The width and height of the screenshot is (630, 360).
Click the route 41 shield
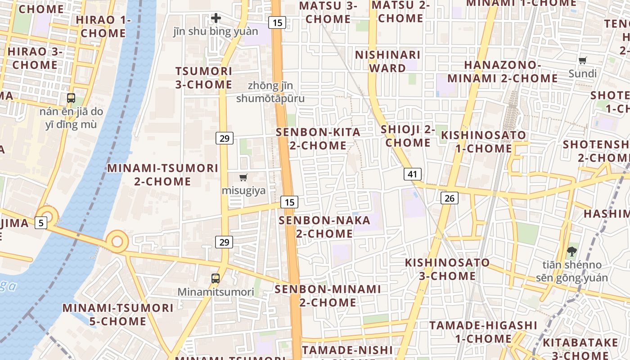413,174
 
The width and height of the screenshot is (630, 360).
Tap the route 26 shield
449,198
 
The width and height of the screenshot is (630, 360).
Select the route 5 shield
41,222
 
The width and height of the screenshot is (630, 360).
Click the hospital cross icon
216,18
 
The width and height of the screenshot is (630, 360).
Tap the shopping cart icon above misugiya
243,177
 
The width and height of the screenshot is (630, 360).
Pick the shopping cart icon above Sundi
583,60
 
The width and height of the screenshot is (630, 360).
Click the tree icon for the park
572,251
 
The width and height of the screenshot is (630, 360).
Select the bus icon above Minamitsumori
216,278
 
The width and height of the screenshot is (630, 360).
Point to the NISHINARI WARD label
387,61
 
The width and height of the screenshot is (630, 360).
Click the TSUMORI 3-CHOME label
204,78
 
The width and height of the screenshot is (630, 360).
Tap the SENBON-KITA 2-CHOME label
318,139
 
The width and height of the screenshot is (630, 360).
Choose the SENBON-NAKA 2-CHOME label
324,227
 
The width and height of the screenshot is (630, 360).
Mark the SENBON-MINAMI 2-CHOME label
328,296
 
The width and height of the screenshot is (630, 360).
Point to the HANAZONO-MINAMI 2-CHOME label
503,72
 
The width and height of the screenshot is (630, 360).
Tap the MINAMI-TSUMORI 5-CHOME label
118,315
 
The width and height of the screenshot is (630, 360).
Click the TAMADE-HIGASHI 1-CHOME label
483,332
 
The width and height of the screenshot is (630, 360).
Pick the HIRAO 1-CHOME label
103,27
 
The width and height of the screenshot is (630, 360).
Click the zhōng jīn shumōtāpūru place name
270,92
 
